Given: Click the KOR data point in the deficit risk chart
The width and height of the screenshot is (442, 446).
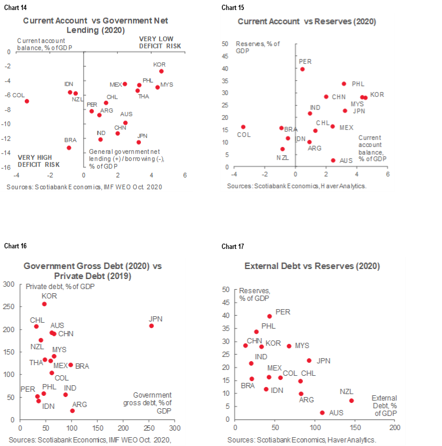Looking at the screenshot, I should [161, 71].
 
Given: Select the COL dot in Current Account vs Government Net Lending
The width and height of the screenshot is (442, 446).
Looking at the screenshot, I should [27, 101].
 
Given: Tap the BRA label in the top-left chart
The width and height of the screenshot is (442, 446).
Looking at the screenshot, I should [70, 140].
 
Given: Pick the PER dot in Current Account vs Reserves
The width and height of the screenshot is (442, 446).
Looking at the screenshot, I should [302, 69].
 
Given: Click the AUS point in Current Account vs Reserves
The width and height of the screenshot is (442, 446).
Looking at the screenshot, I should [333, 160].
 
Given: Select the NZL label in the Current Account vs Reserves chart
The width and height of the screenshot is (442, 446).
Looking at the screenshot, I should [282, 158].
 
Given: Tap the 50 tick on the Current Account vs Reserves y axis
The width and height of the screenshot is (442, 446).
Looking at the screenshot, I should [225, 44].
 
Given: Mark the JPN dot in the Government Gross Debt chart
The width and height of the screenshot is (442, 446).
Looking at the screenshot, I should [151, 326].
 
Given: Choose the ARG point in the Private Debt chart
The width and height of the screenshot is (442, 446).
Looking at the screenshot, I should [72, 411].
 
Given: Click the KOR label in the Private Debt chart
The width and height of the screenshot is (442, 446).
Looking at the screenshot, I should [49, 296].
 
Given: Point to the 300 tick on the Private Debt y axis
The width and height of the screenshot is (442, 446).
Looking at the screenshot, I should [9, 284].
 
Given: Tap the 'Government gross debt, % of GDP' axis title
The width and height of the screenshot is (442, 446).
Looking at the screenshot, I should [152, 402].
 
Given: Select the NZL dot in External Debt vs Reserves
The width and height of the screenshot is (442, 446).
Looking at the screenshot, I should [351, 401].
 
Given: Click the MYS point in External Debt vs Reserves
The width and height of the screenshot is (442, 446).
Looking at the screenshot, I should [289, 346].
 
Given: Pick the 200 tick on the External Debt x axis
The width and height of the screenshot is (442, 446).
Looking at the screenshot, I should [394, 427].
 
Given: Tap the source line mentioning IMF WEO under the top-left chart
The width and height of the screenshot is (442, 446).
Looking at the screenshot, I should [84, 187].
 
